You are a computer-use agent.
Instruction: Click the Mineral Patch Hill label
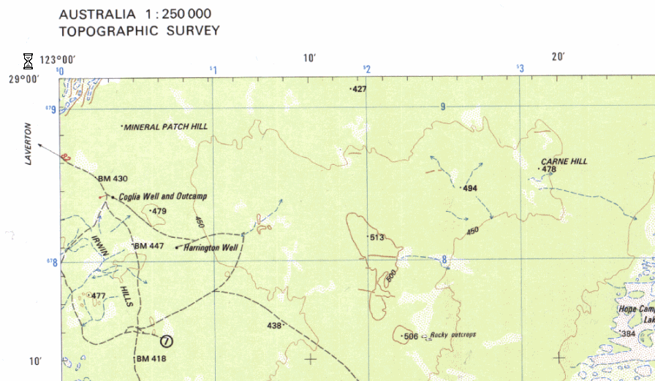click(165, 126)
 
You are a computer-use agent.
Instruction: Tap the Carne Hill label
click(564, 161)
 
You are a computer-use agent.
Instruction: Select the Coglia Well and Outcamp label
click(163, 196)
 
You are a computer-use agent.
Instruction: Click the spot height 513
click(377, 238)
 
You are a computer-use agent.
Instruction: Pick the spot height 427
click(359, 89)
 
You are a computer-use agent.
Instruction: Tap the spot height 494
click(470, 188)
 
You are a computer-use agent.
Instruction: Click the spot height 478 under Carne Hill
click(549, 169)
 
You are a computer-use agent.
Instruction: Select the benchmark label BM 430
click(113, 179)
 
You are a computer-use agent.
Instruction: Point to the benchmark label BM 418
click(151, 359)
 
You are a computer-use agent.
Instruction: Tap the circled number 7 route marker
click(167, 340)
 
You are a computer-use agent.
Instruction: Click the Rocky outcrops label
click(453, 336)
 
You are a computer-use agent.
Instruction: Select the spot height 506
click(410, 336)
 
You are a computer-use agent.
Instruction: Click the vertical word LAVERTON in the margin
click(29, 144)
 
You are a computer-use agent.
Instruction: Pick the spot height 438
click(274, 326)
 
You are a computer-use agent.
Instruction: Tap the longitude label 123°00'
click(58, 60)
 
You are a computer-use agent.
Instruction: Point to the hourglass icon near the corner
click(28, 60)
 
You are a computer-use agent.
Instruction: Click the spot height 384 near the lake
click(628, 334)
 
